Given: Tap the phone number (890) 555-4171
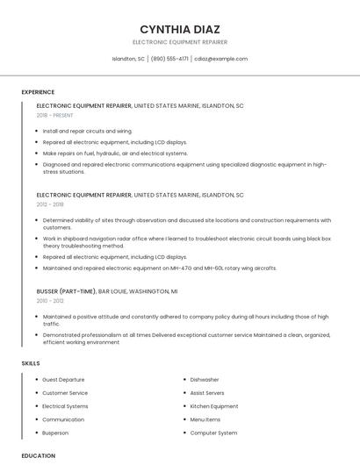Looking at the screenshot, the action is click(169, 59).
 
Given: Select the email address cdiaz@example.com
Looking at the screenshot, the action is click(221, 59).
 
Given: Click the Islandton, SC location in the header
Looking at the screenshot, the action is click(128, 59).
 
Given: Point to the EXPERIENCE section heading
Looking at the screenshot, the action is click(38, 92).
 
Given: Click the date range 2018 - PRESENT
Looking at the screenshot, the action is click(56, 115).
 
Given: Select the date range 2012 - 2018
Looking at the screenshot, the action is click(50, 205).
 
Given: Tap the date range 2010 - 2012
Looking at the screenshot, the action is click(50, 300).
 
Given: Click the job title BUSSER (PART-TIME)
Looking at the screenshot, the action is click(66, 290).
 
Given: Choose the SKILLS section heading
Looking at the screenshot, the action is click(31, 363).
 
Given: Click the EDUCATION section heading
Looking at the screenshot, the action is click(38, 455).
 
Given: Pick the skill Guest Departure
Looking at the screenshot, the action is click(63, 380).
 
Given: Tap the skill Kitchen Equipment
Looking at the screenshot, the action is click(213, 406).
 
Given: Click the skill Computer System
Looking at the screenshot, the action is click(213, 433).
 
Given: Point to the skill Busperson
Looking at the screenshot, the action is click(56, 433).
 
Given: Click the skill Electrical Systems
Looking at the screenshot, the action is click(65, 406).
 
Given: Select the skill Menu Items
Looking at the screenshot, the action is click(205, 419).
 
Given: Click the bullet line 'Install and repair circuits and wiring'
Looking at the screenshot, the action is click(87, 131).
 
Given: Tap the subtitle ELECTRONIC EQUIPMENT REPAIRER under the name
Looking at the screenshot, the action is click(179, 42).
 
